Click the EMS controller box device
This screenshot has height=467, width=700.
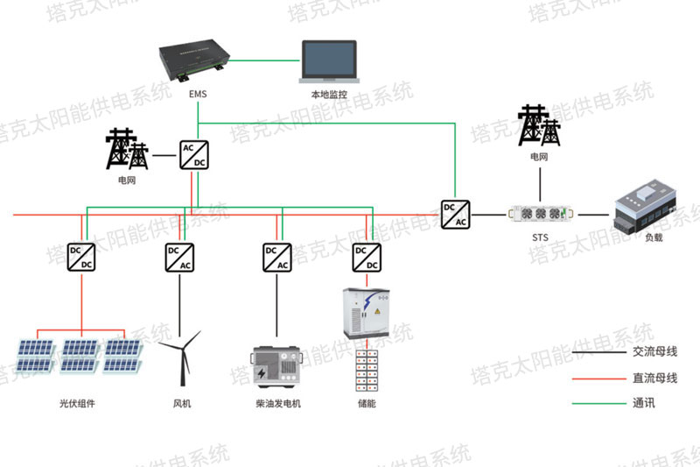point(194,60)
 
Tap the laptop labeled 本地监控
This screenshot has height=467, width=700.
point(329,61)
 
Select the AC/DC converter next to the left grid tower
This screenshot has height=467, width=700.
point(194,155)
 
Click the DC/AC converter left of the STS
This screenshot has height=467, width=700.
point(455,215)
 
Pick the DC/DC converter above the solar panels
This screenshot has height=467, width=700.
point(81,258)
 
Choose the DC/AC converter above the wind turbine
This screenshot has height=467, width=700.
point(179,258)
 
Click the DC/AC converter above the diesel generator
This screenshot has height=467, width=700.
point(277,258)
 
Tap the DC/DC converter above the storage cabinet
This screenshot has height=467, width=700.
point(367,258)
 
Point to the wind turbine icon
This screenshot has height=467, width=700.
point(181,358)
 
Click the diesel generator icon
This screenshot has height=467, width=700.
point(276,366)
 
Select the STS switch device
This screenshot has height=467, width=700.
point(541,214)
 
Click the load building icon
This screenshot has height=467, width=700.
point(646,207)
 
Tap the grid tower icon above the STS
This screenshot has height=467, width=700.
point(539,125)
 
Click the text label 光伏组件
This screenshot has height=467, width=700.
point(77,404)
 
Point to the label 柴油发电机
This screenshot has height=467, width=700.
point(278,404)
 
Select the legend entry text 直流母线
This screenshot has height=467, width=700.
point(654,379)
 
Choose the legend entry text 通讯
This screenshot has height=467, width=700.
point(644,403)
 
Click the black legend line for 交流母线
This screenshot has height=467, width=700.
point(599,352)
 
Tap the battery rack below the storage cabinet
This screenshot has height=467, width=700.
point(367,371)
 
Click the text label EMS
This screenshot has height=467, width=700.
point(198,94)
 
